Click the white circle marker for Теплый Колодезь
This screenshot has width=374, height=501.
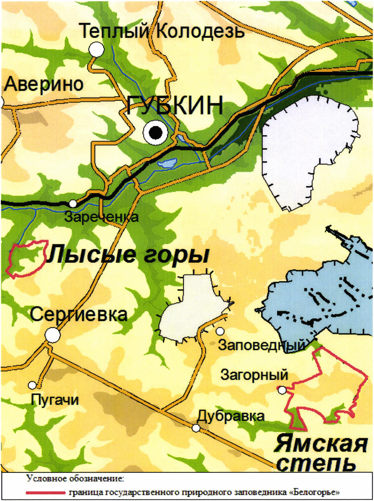click(x=96, y=49)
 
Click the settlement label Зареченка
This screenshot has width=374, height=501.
click(x=101, y=217)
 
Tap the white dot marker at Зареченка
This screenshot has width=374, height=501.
click(x=73, y=203)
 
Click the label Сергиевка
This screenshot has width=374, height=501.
click(x=79, y=315)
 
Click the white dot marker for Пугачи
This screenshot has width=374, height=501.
click(x=32, y=385)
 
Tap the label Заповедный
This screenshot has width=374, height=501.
click(x=262, y=345)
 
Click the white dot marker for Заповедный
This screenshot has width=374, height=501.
click(x=220, y=331)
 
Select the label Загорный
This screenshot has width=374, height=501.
click(x=254, y=375)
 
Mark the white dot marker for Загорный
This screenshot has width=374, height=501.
click(x=282, y=390)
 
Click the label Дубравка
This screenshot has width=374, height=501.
click(x=230, y=416)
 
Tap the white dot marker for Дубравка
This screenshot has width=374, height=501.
click(x=196, y=428)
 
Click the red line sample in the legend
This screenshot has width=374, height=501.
click(x=46, y=493)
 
